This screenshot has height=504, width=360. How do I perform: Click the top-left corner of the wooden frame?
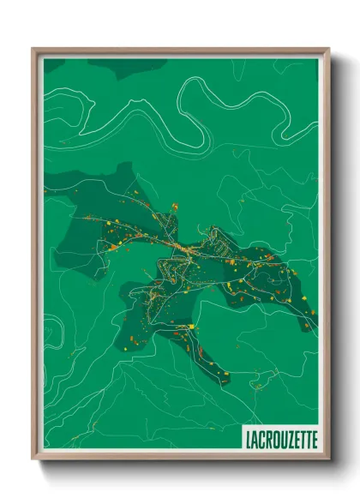pos(33,49)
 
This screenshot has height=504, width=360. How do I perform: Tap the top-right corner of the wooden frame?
pos(328,49)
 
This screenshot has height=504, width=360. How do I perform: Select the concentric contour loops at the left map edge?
pos(50,330)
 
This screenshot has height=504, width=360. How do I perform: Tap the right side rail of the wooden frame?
pos(326,257)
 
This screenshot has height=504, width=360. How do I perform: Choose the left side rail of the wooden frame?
pos(36,257)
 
